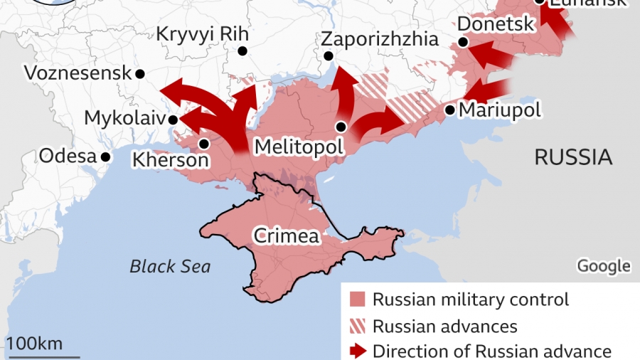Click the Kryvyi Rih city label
coord(202,33)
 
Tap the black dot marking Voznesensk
coord(141,73)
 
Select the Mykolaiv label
coord(124,117)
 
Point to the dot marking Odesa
coord(105,157)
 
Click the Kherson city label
coord(171,160)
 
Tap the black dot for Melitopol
coord(341,127)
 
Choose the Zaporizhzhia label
coord(380,38)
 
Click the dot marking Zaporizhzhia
coord(328,56)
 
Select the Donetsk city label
coord(496,24)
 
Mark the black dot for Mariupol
coord(450,110)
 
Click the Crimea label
coord(287,236)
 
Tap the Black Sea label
coord(170,267)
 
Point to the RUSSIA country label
coord(573,157)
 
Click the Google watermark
coord(603,266)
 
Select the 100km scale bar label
coord(35,344)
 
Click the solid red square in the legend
coord(358,300)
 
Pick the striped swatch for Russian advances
coord(358,326)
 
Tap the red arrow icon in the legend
coord(358,351)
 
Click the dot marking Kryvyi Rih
coord(242,51)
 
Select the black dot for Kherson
coord(204,144)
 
